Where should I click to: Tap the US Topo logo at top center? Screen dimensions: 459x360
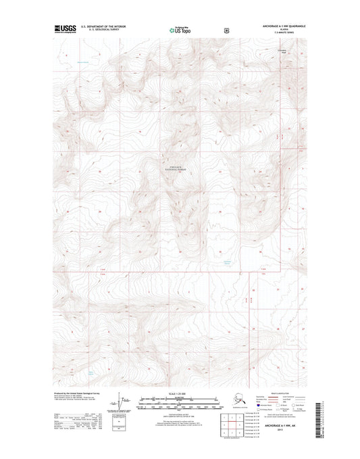point(179,30)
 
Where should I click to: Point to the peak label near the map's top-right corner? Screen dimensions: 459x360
point(284,50)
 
